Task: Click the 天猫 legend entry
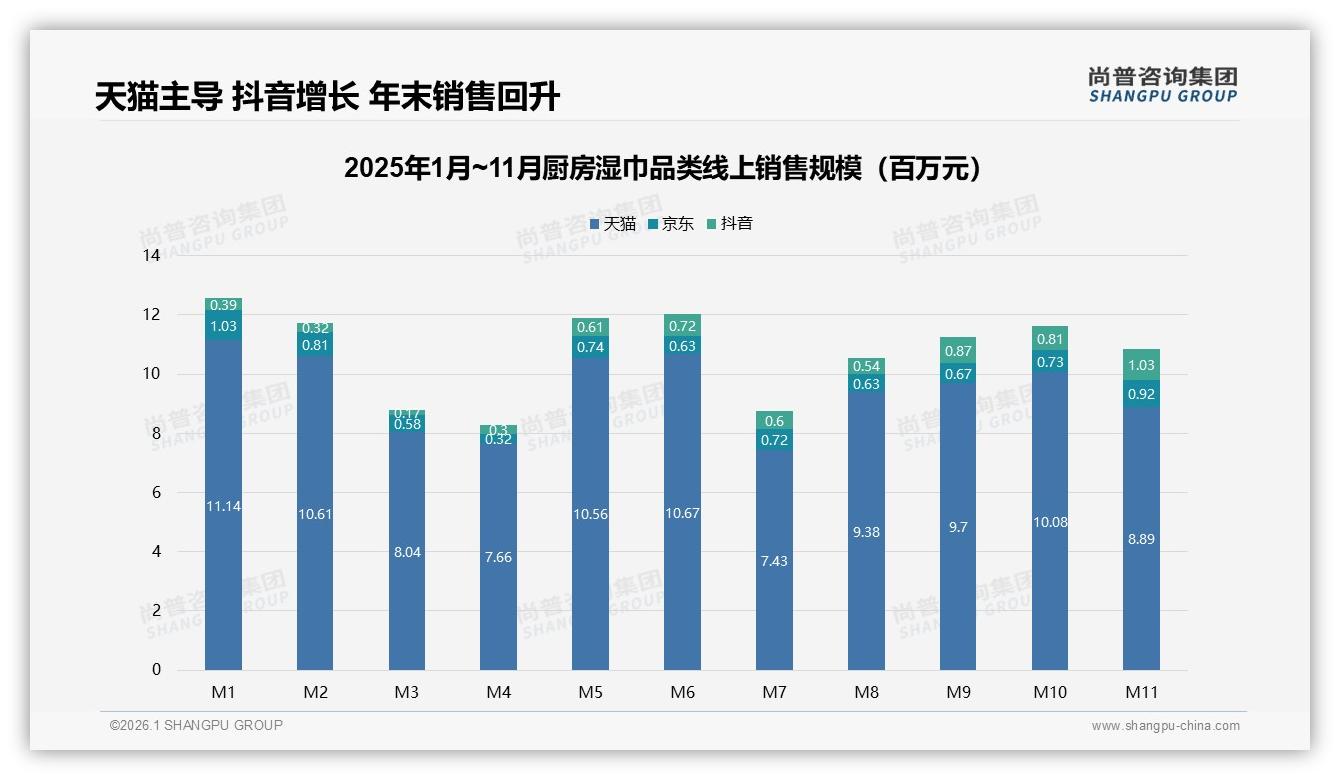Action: pos(613,224)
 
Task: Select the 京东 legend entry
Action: pos(671,224)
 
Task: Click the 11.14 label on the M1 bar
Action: pos(223,506)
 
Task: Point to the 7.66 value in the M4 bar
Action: pos(498,557)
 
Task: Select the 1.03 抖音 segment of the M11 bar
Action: pos(1141,365)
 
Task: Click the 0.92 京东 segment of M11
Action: pos(1141,394)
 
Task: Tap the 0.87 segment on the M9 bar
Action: pos(958,351)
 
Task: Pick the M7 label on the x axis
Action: pos(774,692)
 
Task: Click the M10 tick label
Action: pos(1050,692)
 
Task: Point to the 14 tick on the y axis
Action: pos(151,255)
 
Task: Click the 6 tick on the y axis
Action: pos(156,492)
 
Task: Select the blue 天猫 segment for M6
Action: pos(682,513)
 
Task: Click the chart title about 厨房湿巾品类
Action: pos(663,168)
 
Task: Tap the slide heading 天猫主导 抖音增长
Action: pos(327,96)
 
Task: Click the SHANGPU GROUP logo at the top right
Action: pos(1162,85)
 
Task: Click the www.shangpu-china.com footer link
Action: pos(1165,726)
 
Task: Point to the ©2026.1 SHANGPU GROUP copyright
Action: pos(196,725)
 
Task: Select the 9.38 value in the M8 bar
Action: pos(866,532)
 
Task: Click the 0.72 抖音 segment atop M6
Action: pos(682,326)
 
